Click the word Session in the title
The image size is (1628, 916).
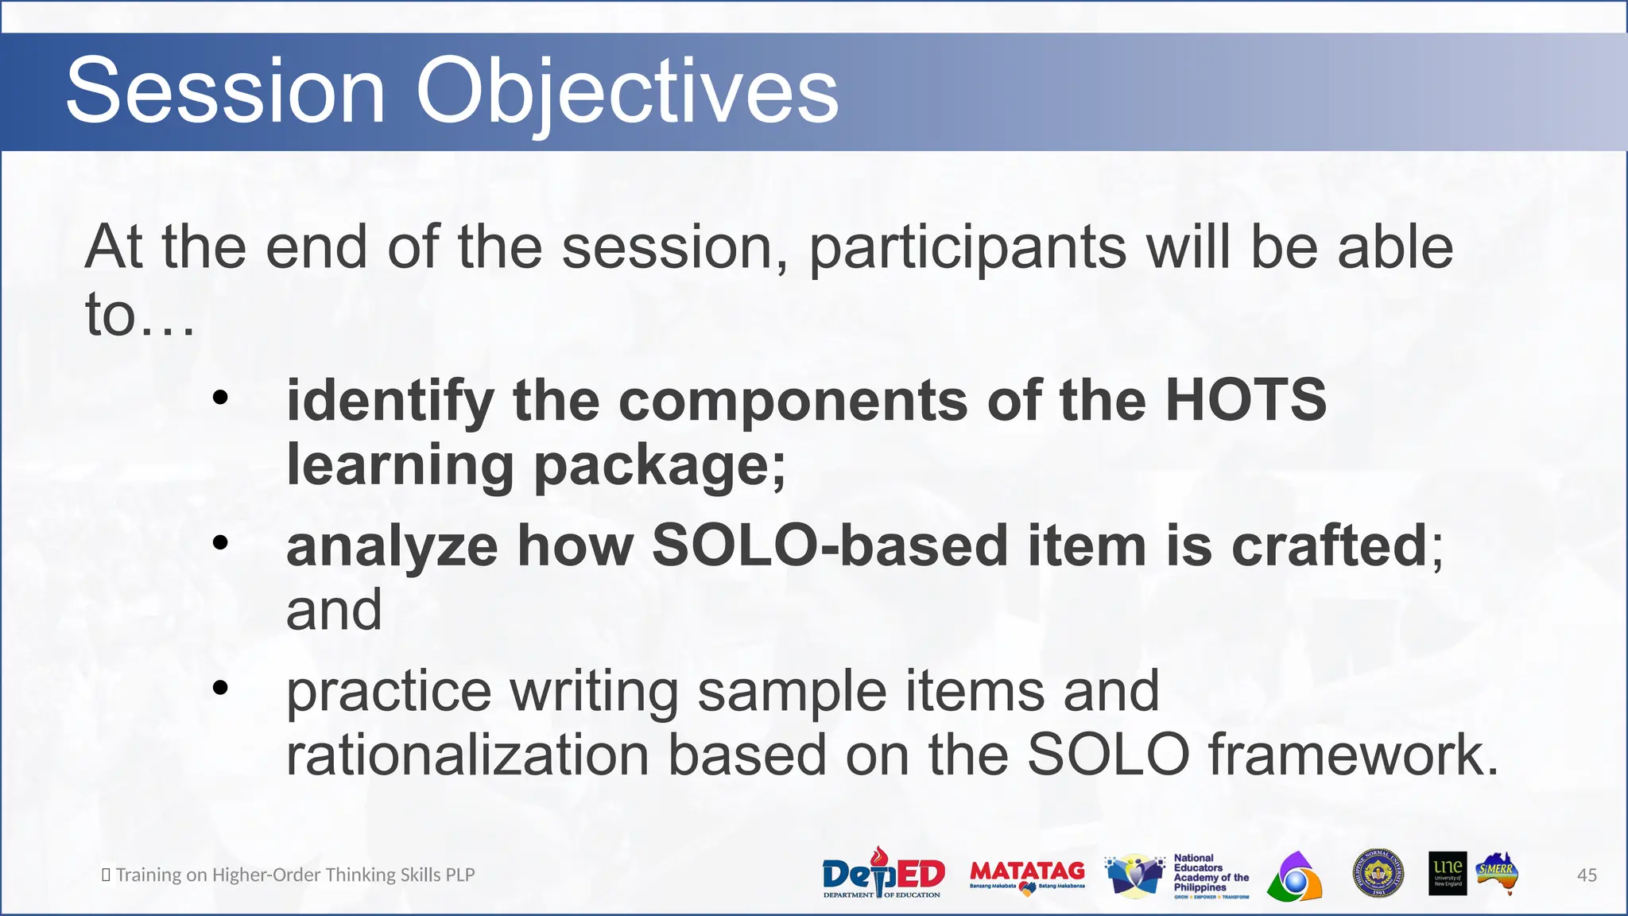[226, 91]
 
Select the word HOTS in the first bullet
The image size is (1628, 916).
[1245, 400]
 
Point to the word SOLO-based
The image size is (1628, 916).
[830, 546]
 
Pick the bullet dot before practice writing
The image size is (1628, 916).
[220, 688]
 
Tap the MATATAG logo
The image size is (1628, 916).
[1027, 875]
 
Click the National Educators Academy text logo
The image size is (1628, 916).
[1210, 875]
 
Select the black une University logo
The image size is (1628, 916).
[1447, 874]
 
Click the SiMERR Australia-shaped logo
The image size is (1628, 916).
[1498, 874]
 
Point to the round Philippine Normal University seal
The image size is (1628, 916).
[1378, 873]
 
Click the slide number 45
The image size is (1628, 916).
[1586, 875]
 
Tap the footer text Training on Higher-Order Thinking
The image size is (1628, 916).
[294, 875]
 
